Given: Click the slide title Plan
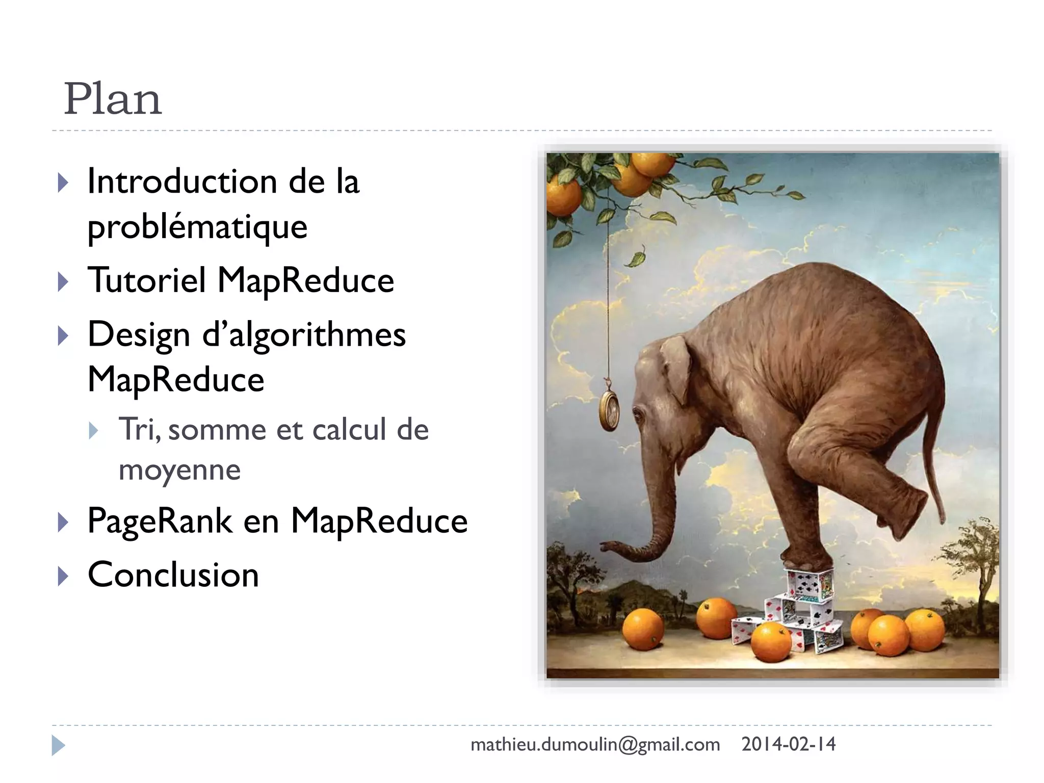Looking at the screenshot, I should tap(113, 99).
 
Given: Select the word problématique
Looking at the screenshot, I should tap(197, 227).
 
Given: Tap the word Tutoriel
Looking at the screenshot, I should tap(147, 280).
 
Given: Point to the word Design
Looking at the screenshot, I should tap(139, 335).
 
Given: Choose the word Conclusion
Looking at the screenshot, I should tap(173, 575).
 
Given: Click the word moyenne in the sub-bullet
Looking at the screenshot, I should tap(179, 470).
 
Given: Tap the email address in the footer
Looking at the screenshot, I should tap(595, 745).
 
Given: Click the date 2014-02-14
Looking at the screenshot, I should tap(788, 744).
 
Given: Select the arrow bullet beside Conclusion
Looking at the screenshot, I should tap(63, 576).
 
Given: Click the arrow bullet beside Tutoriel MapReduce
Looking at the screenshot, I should tap(63, 282).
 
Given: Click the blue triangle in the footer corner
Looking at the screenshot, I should tap(58, 745).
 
